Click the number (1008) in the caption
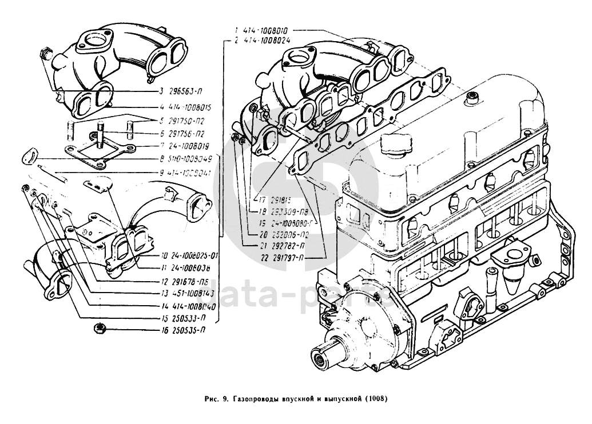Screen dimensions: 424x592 pos(376,399)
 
